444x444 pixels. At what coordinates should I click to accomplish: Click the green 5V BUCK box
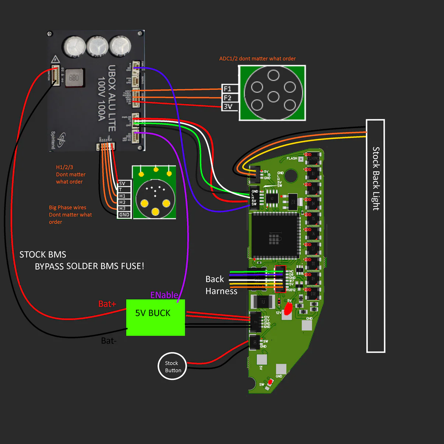(x=155, y=317)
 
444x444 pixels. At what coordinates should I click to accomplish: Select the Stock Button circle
(x=172, y=366)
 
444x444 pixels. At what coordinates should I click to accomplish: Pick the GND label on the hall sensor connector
(x=124, y=215)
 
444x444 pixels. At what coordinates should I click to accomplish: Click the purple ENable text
(x=164, y=295)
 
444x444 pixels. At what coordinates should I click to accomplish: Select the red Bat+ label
(x=107, y=304)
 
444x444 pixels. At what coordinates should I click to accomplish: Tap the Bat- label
(x=109, y=341)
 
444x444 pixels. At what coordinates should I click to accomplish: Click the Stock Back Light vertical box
(x=376, y=236)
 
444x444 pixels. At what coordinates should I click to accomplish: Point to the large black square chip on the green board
(x=274, y=236)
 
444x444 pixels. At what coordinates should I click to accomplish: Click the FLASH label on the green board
(x=292, y=158)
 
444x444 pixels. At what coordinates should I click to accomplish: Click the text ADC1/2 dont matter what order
(x=257, y=59)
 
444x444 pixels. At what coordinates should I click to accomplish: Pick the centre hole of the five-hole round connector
(x=274, y=97)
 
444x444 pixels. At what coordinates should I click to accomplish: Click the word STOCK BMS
(x=43, y=255)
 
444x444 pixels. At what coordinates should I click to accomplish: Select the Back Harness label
(x=221, y=285)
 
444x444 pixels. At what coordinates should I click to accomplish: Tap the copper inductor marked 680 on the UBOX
(x=74, y=78)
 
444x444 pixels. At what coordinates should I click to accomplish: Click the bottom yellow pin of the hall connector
(x=155, y=212)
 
